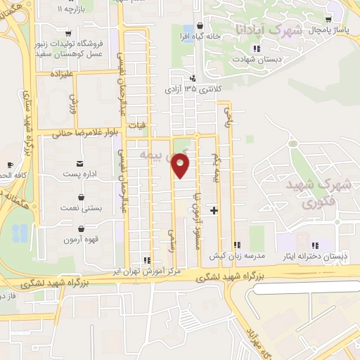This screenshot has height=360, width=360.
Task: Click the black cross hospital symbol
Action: coord(214,210)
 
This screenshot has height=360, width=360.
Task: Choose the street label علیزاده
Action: coord(62,73)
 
